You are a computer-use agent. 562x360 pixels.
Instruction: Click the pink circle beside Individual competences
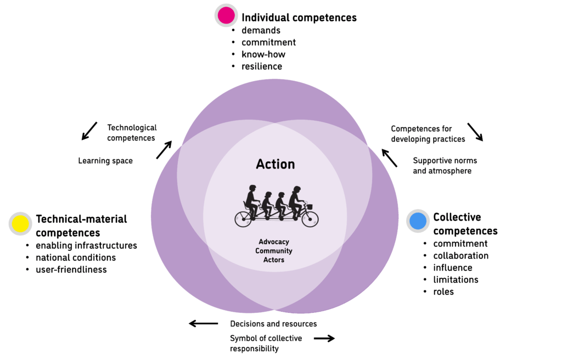pos(226,15)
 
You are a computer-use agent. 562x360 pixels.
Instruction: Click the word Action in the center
pos(276,164)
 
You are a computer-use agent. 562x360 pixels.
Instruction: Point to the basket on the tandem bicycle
pos(310,207)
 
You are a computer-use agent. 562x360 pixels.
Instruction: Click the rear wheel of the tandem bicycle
pos(243,219)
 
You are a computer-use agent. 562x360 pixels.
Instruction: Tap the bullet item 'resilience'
pos(262,66)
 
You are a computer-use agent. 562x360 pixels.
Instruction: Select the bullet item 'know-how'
pos(263,54)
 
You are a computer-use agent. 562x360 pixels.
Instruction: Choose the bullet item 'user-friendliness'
pos(71,269)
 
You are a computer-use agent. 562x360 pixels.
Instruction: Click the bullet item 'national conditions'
pos(76,257)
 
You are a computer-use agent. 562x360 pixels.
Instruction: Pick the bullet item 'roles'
pos(443,291)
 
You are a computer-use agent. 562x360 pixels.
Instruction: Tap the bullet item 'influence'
pos(453,267)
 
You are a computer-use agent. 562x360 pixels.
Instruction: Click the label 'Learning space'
pos(105,161)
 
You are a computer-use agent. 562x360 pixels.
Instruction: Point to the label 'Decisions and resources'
pos(273,324)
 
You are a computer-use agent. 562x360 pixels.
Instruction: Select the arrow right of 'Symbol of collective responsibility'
pos(324,339)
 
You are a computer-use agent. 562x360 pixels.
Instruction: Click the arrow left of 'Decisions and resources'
pos(203,324)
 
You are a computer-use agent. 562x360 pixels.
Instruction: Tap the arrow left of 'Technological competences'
pos(89,131)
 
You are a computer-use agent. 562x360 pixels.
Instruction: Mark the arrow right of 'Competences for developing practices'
pos(475,132)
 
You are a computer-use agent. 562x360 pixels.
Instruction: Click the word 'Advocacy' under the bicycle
pos(274,242)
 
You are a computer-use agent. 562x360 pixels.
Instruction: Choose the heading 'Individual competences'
pos(299,18)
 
